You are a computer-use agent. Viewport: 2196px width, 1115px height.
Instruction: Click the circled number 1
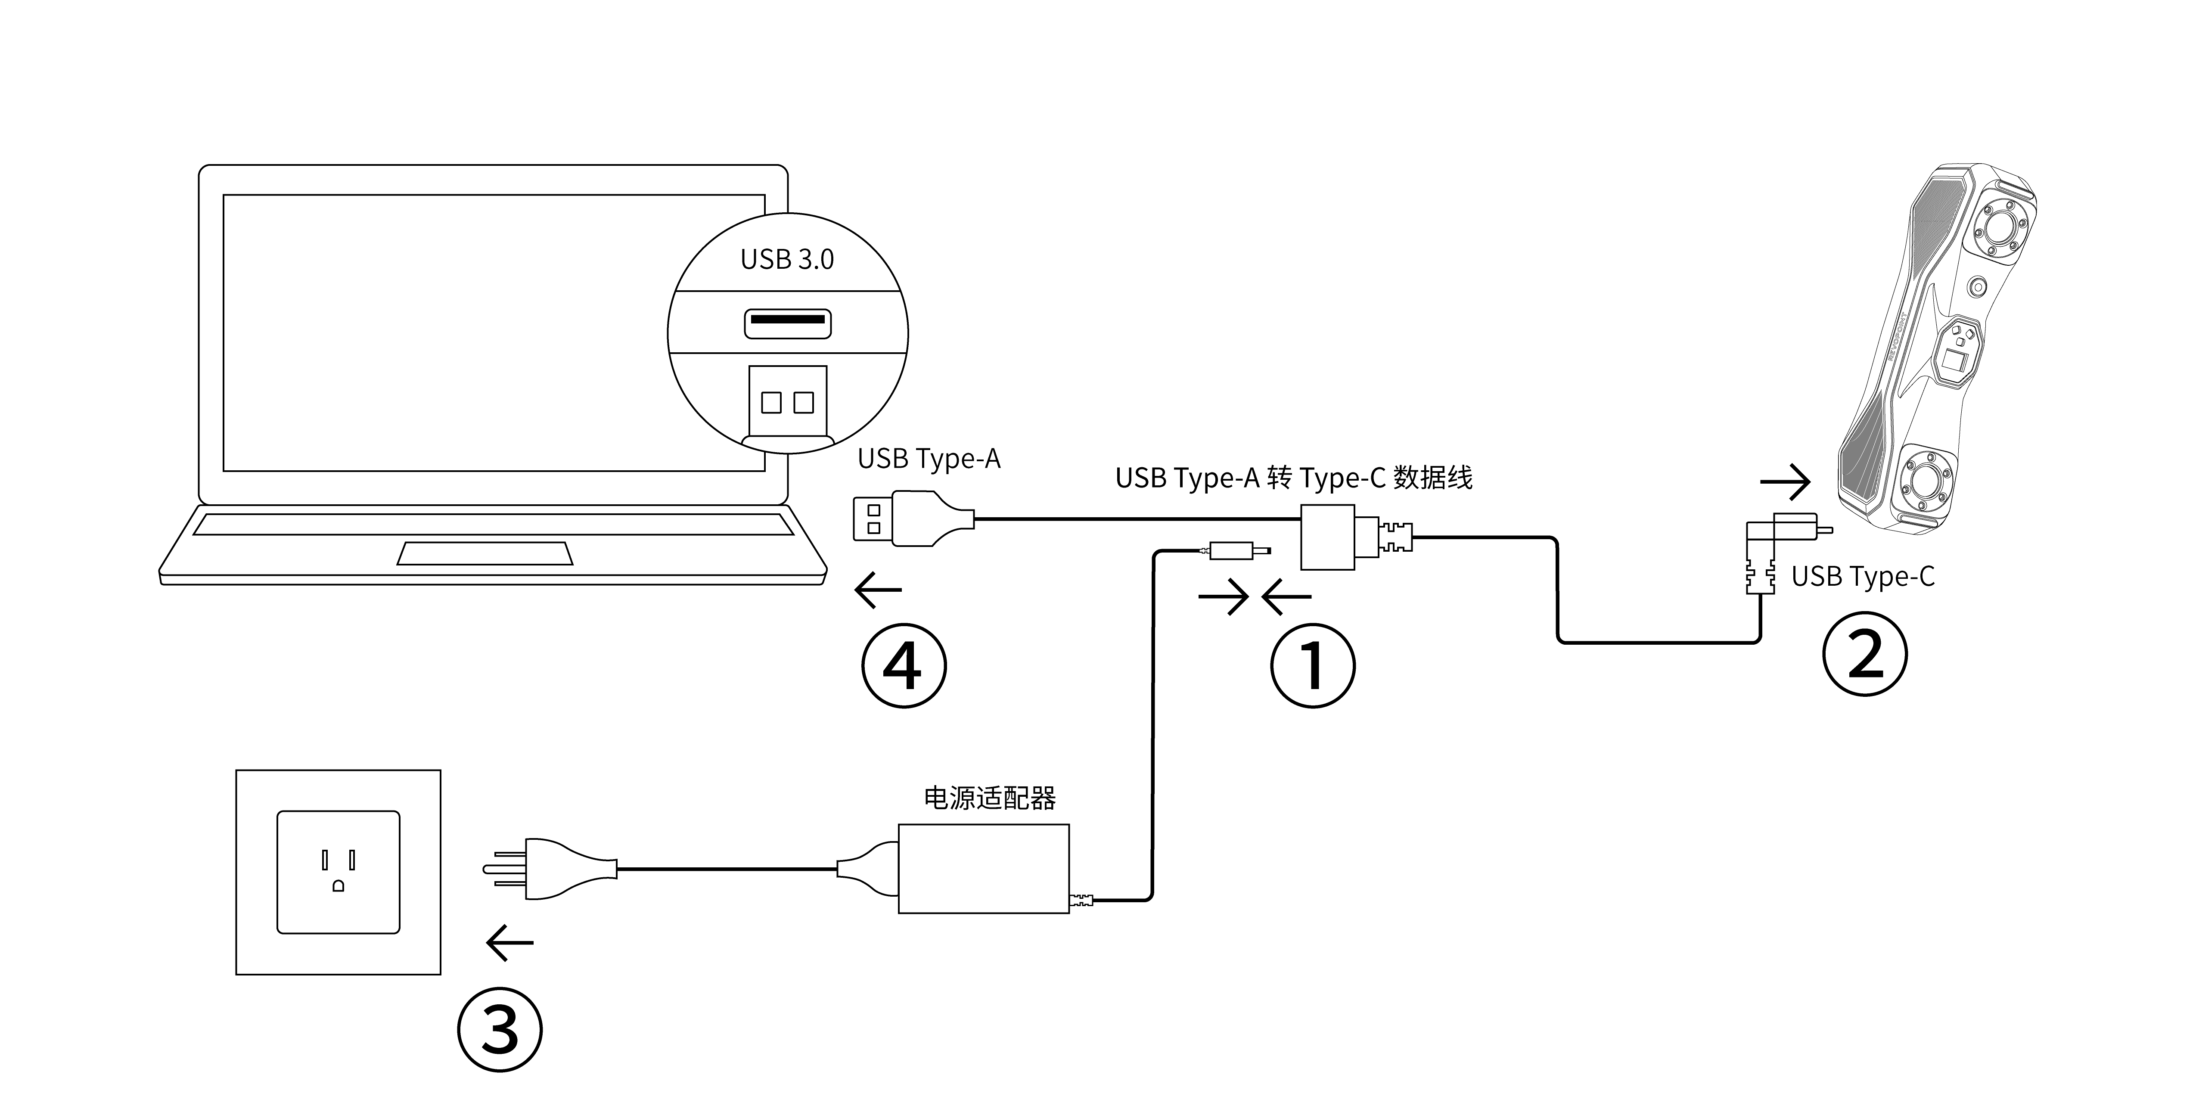pos(1313,665)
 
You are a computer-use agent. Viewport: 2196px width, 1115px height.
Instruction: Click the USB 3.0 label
pos(787,259)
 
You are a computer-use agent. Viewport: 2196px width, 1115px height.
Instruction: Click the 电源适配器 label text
pos(990,798)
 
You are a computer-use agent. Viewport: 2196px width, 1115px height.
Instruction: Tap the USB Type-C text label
pos(1863,576)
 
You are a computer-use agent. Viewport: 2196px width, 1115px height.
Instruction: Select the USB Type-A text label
pos(929,459)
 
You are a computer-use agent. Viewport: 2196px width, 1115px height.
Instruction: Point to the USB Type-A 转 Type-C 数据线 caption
pos(1293,477)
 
